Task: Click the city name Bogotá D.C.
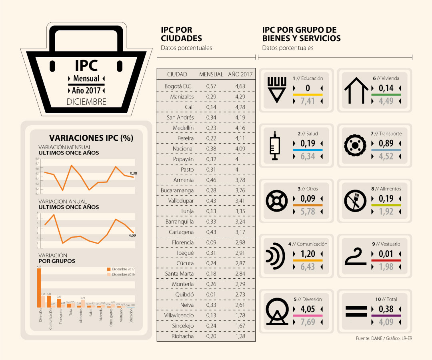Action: click(x=179, y=86)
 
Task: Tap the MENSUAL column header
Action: click(x=211, y=74)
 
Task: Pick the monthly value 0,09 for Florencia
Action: click(x=211, y=242)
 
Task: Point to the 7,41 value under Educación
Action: click(x=308, y=101)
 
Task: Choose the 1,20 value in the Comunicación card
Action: click(x=308, y=254)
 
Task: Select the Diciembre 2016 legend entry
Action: click(x=122, y=274)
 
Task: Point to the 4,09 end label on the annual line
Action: click(x=132, y=236)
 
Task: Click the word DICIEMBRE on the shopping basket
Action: click(x=86, y=102)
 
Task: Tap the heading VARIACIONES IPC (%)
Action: click(x=90, y=138)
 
